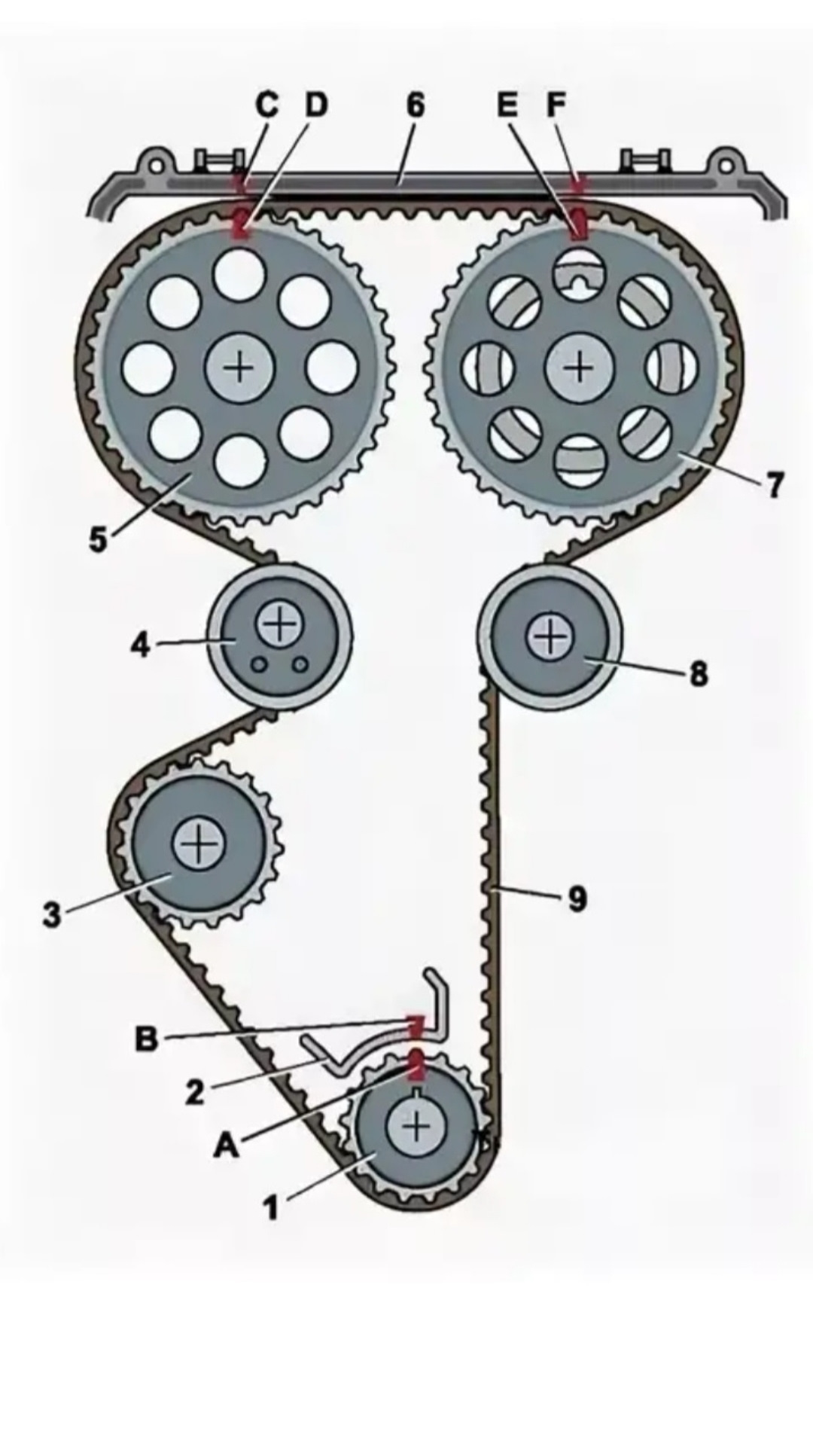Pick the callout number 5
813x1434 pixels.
point(99,539)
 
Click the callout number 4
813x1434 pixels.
point(140,645)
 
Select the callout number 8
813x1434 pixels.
point(699,673)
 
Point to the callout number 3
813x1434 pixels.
point(51,916)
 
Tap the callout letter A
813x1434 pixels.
point(225,1146)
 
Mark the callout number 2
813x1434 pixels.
point(195,1091)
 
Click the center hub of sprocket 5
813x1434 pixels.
point(240,368)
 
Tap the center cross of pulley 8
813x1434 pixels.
point(551,637)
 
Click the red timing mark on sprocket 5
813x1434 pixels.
point(242,224)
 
